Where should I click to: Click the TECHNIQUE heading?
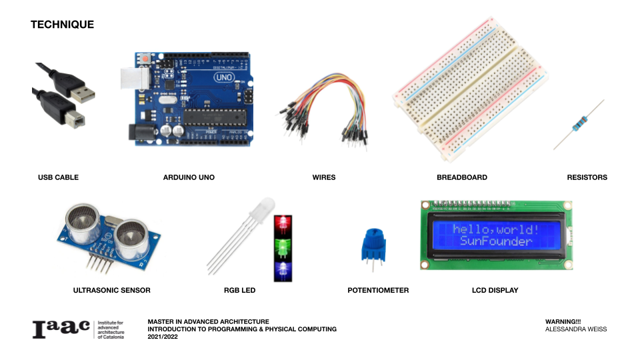pyautogui.click(x=62, y=25)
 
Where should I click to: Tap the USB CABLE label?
pyautogui.click(x=58, y=177)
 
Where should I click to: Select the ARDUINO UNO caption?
pyautogui.click(x=189, y=177)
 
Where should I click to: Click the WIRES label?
pyautogui.click(x=323, y=177)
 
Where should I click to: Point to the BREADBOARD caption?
pyautogui.click(x=461, y=177)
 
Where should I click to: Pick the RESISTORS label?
pyautogui.click(x=587, y=177)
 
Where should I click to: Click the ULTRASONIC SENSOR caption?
pyautogui.click(x=111, y=290)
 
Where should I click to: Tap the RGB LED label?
pyautogui.click(x=239, y=290)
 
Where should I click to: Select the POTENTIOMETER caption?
pyautogui.click(x=378, y=290)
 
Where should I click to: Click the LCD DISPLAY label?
pyautogui.click(x=495, y=290)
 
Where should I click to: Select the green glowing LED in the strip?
pyautogui.click(x=283, y=245)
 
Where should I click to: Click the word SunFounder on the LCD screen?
pyautogui.click(x=496, y=241)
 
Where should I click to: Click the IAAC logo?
pyautogui.click(x=61, y=329)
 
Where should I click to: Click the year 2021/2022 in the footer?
pyautogui.click(x=163, y=337)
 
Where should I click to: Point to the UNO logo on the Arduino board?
pyautogui.click(x=223, y=78)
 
